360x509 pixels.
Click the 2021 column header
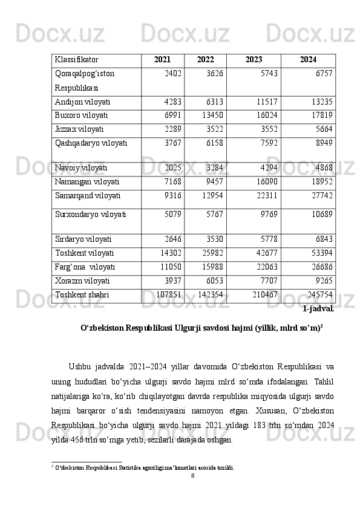pos(162,60)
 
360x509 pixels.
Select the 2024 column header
pos(308,60)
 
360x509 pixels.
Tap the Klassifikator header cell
pos(77,60)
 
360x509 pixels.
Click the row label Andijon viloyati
pos(82,102)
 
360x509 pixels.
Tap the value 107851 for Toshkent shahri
pos(169,294)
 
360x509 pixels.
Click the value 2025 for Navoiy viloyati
pos(173,167)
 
